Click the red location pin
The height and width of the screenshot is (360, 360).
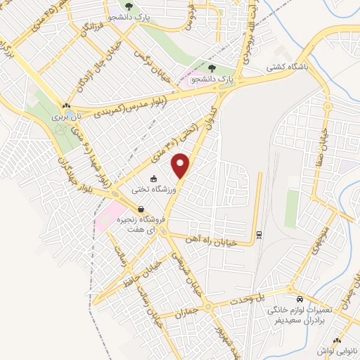181,165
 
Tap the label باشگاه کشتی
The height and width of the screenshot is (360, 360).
285,67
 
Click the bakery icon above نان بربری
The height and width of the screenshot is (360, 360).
67,106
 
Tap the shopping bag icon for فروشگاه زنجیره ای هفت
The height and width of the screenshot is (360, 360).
141,209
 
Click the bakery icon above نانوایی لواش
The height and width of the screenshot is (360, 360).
336,341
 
